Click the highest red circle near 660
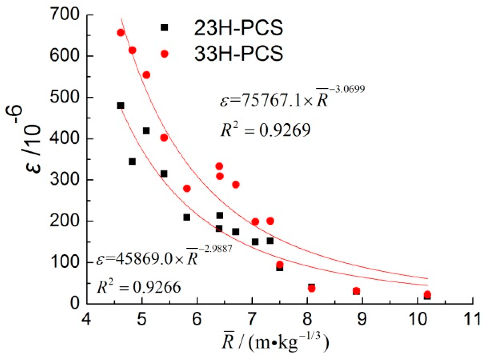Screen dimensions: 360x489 (121, 33)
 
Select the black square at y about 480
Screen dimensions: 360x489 (120, 105)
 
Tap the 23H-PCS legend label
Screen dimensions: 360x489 (238, 28)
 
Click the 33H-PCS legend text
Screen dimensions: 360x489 (238, 54)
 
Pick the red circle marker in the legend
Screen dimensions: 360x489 (164, 54)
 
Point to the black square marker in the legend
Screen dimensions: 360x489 (164, 28)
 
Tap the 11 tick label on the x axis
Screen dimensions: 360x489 (472, 319)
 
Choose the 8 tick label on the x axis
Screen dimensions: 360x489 (307, 319)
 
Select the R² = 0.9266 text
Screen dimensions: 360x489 (139, 287)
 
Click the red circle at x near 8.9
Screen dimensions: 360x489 (356, 291)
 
